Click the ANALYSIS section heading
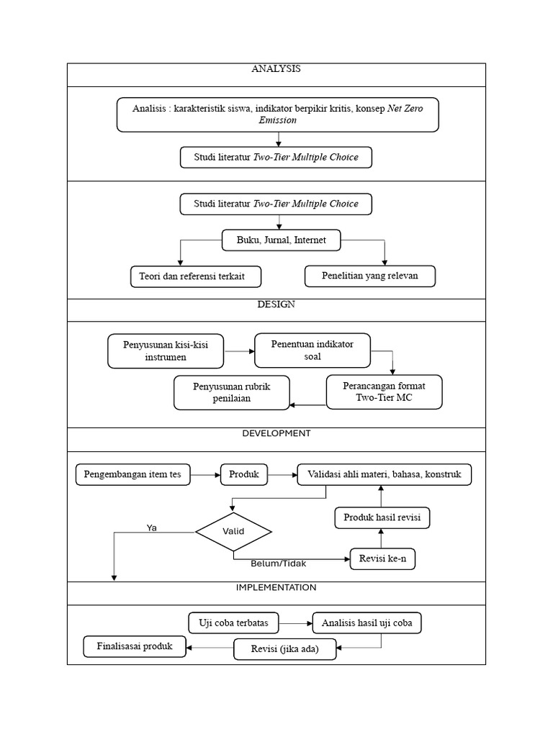point(276,69)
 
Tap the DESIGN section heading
point(276,304)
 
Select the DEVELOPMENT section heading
point(276,433)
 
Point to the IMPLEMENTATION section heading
point(276,587)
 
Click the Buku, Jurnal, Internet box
point(281,240)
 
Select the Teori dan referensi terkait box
point(195,276)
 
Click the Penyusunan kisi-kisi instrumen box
point(165,351)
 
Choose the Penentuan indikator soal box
point(312,350)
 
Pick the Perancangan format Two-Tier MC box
point(384,392)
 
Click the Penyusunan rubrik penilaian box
point(231,392)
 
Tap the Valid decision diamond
point(233,532)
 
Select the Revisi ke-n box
point(382,559)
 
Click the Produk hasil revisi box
point(382,517)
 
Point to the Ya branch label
point(151,528)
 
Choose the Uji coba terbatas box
point(233,623)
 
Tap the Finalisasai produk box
point(135,646)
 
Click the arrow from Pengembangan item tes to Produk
point(205,474)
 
